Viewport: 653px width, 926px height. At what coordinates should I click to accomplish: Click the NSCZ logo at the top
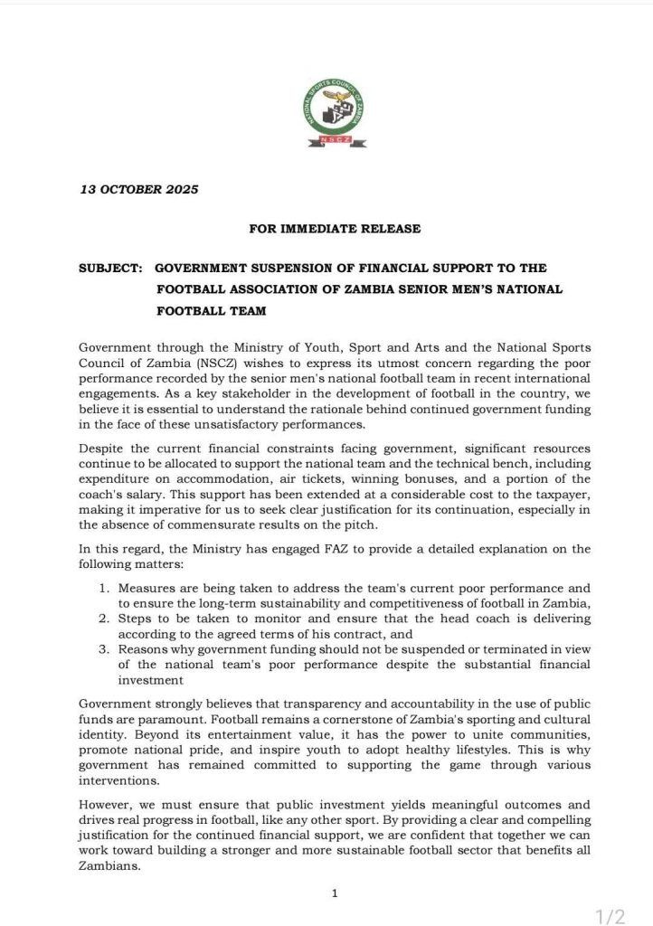tap(335, 113)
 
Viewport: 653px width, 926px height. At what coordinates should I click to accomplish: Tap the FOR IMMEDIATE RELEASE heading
tap(335, 229)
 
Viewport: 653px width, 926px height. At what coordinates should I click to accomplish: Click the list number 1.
tap(105, 588)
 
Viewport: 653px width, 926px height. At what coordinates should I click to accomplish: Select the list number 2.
tap(105, 619)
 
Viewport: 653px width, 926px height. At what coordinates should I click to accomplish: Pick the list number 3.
tap(105, 650)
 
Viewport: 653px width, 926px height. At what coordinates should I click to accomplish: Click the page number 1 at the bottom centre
tap(335, 894)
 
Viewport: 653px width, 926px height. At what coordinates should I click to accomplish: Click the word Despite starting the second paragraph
tap(104, 448)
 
